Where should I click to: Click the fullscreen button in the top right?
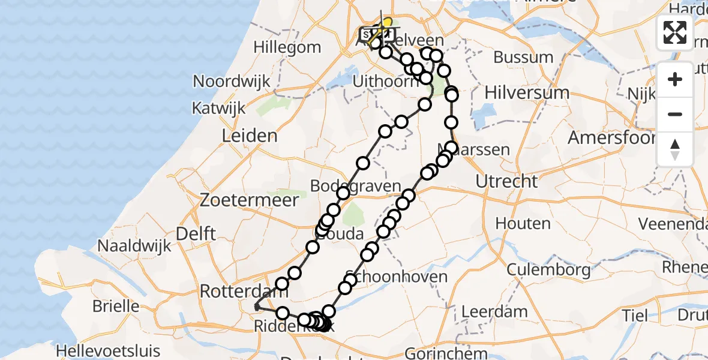tap(675, 32)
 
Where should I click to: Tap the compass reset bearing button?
tap(675, 149)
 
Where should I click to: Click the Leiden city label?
tap(250, 136)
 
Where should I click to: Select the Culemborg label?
tap(548, 269)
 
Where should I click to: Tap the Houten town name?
tap(523, 224)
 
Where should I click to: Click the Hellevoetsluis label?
tap(109, 350)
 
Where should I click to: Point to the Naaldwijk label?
tap(134, 246)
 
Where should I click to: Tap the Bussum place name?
tap(523, 58)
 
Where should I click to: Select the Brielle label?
tap(116, 306)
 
